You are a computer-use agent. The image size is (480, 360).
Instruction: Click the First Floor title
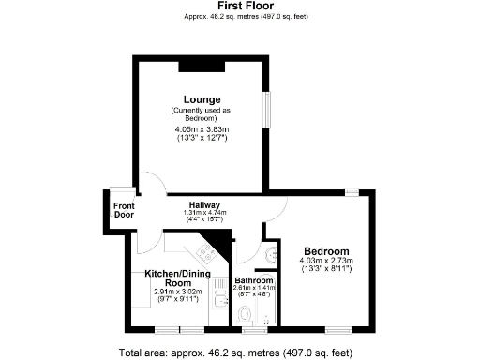tap(240, 6)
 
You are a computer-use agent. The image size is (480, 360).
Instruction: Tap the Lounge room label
tap(202, 99)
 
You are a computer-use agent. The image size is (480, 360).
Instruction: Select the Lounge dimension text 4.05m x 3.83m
tap(202, 130)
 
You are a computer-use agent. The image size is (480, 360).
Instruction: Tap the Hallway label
tap(203, 204)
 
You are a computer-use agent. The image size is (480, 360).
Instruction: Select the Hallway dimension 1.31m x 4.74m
tap(203, 213)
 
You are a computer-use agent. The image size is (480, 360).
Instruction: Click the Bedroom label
tap(324, 251)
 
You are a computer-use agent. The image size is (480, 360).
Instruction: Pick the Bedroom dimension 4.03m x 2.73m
tap(324, 261)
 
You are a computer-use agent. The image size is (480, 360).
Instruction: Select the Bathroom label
tap(253, 280)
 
